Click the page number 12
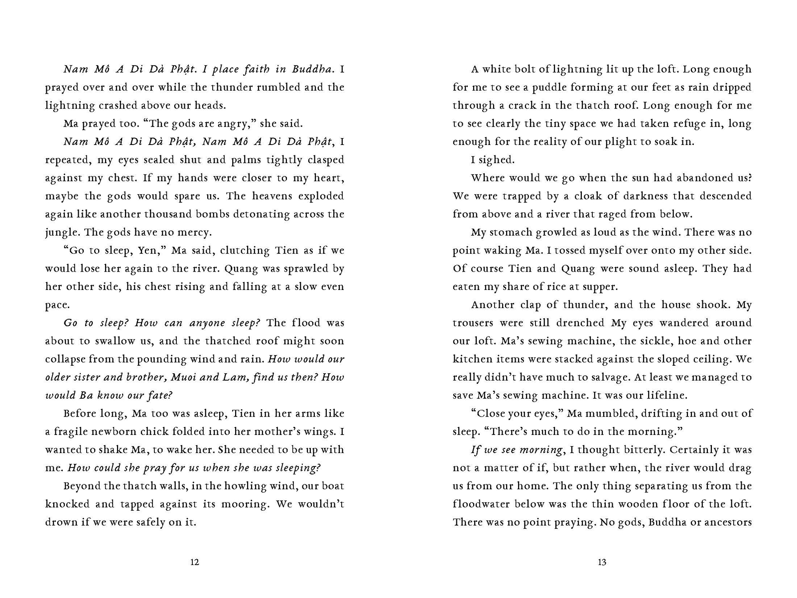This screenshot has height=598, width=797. click(195, 562)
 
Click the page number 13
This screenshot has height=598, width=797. click(602, 562)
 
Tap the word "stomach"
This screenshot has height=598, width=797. click(511, 233)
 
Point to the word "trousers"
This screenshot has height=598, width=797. click(473, 323)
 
